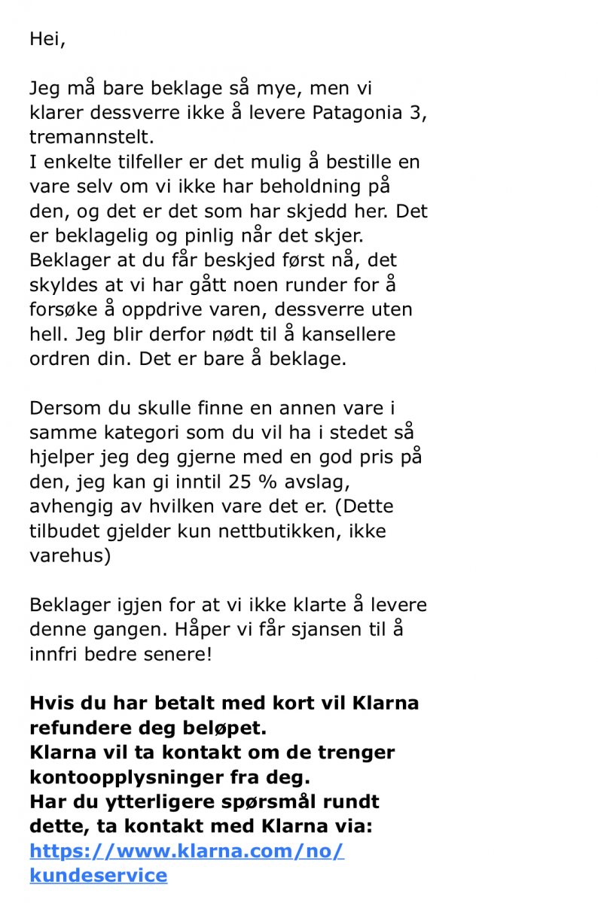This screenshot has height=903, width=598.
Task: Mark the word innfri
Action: [x=51, y=654]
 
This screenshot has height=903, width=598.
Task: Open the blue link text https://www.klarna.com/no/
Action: [x=187, y=851]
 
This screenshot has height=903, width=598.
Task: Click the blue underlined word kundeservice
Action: [x=98, y=875]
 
